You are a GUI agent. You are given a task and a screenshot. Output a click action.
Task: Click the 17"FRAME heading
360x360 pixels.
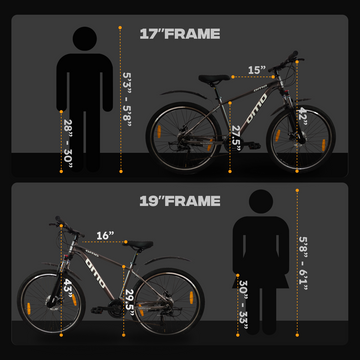(x=179, y=32)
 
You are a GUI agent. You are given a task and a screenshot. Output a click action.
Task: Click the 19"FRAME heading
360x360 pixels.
(x=179, y=201)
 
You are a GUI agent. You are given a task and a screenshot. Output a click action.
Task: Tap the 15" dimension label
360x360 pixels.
(x=257, y=70)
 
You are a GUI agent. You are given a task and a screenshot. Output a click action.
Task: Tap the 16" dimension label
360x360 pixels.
(x=106, y=237)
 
